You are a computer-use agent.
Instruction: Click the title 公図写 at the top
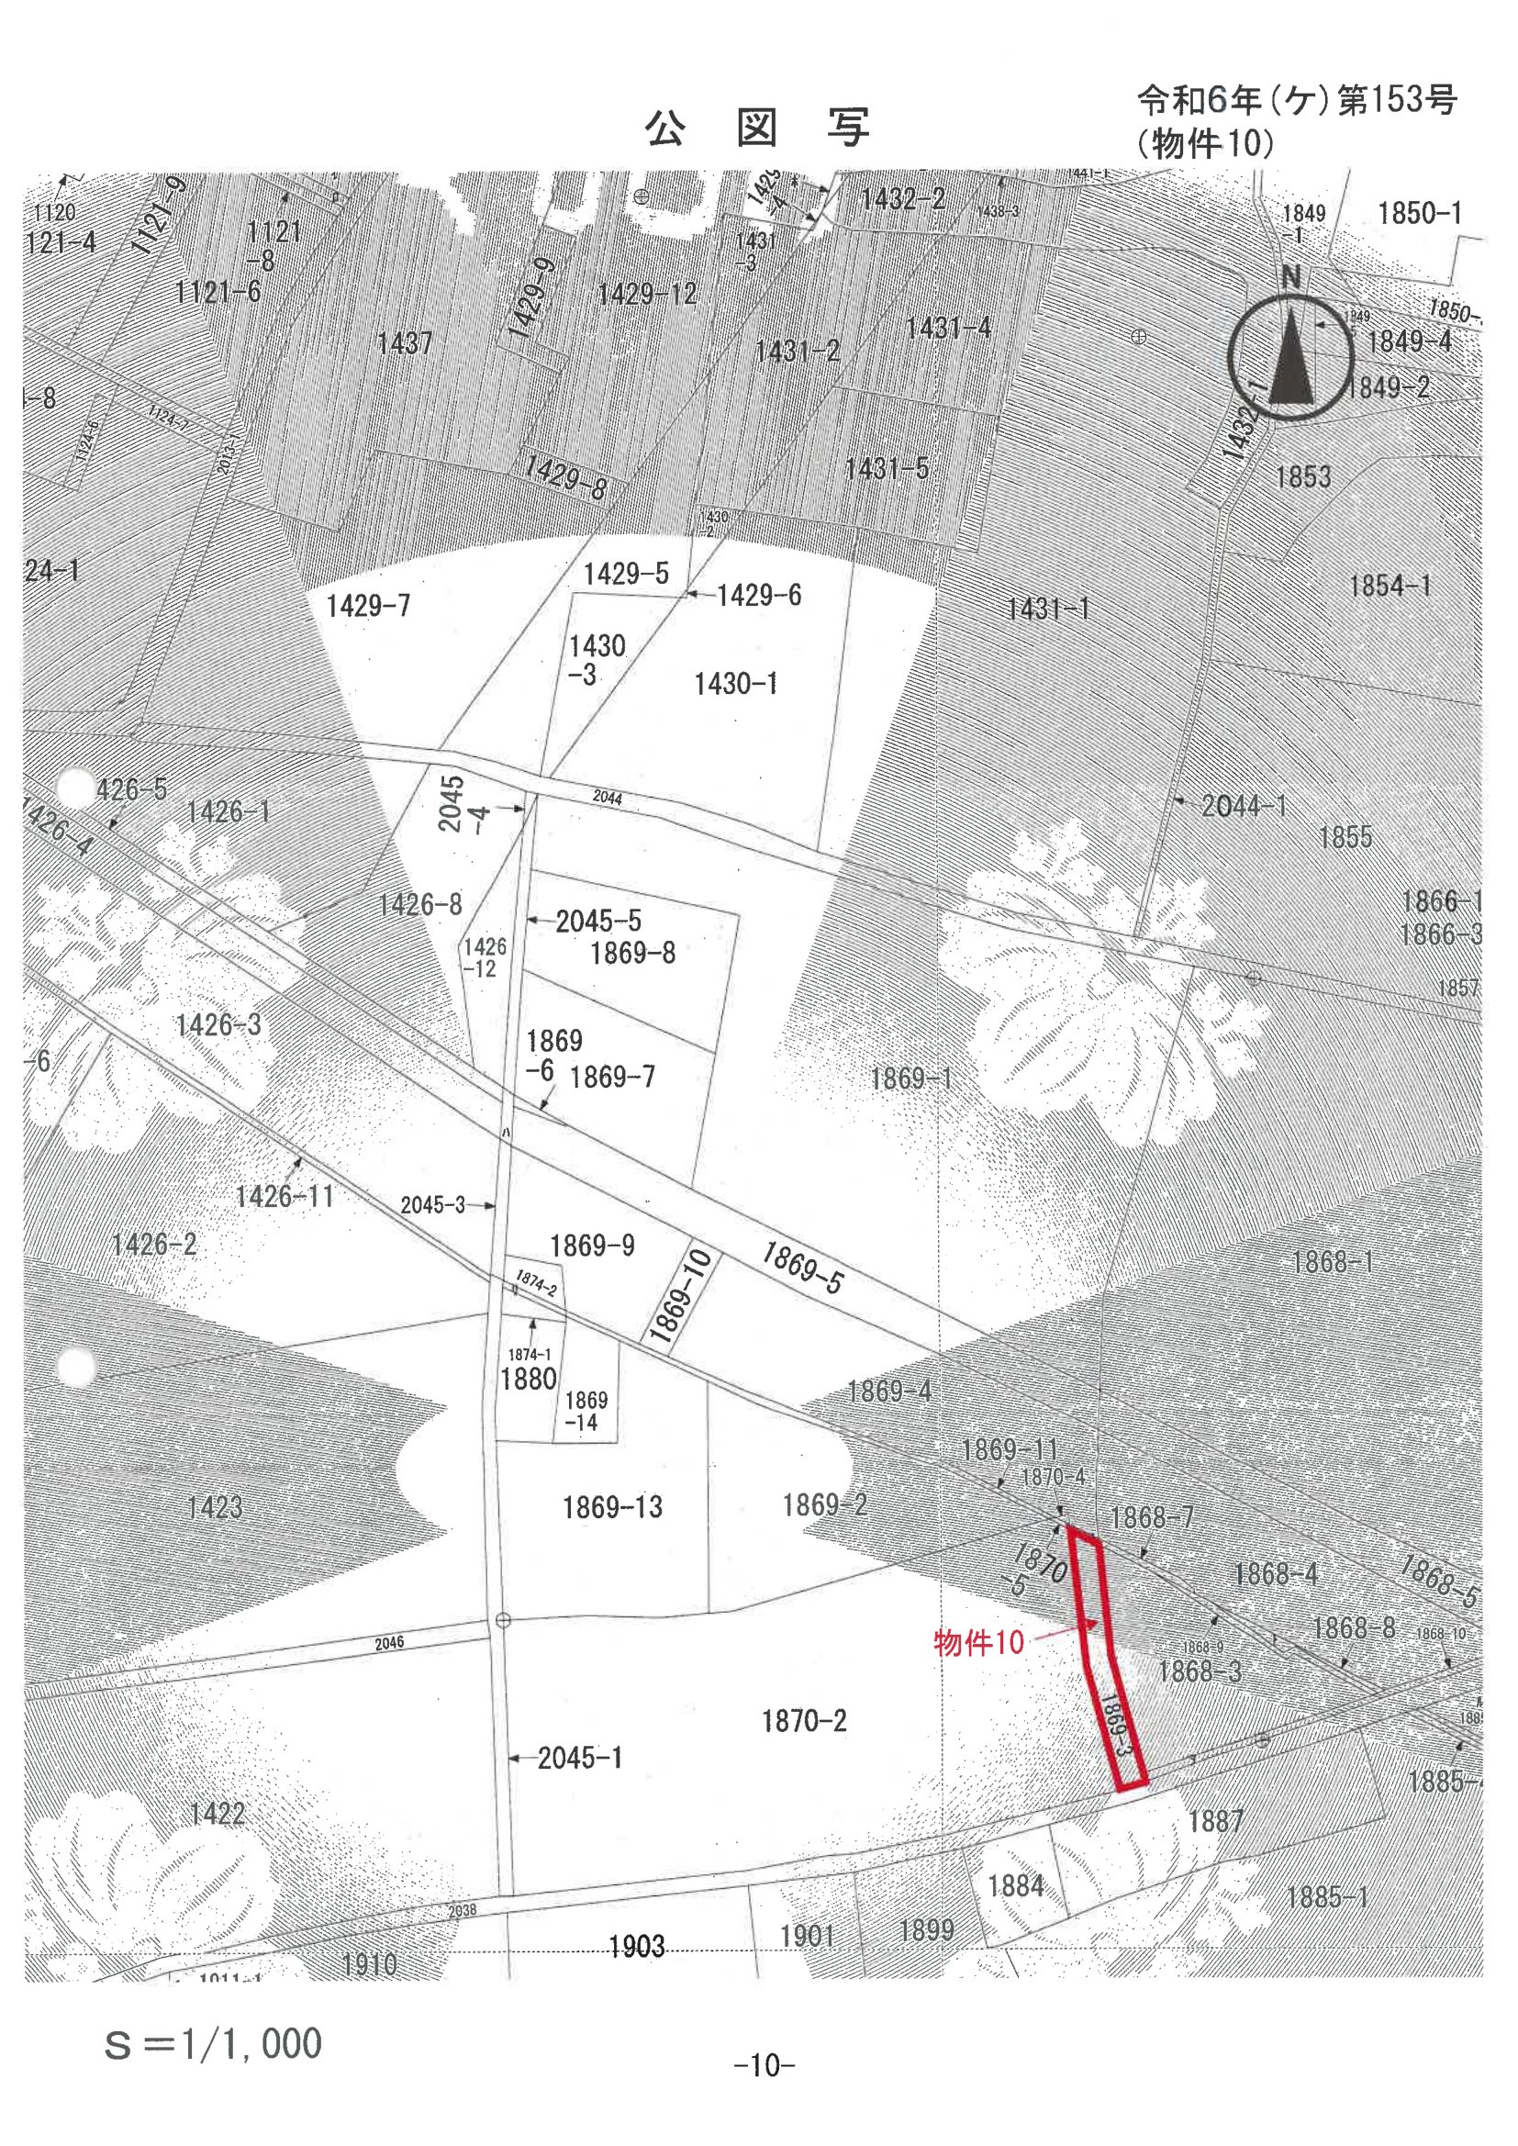[x=757, y=129]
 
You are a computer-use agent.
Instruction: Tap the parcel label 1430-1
[x=736, y=684]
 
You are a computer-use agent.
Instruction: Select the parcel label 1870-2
[x=804, y=1721]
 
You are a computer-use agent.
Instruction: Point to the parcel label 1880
[x=528, y=1379]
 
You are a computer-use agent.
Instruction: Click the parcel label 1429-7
[x=368, y=607]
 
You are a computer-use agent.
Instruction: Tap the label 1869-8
[x=633, y=954]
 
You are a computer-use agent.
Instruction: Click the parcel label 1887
[x=1215, y=1821]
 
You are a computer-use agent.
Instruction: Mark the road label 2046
[x=389, y=1642]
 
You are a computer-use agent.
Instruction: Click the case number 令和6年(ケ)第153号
[x=1298, y=100]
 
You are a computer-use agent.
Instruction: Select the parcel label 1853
[x=1303, y=476]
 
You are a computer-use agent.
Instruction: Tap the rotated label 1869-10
[x=681, y=1297]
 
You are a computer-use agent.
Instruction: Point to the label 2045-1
[x=579, y=1758]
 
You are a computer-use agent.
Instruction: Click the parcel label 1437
[x=405, y=343]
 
